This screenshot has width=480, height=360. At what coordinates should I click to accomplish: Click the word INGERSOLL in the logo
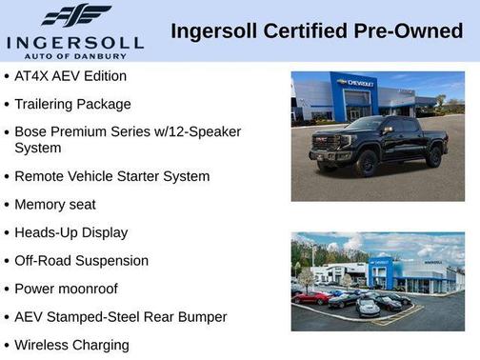coord(74,42)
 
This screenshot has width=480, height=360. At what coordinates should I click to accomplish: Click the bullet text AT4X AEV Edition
coord(70,75)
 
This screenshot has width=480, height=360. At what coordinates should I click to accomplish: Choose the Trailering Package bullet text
coord(72,104)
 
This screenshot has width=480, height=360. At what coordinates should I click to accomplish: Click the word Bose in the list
coord(30,131)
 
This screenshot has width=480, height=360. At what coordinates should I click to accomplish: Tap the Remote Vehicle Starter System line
coord(111,176)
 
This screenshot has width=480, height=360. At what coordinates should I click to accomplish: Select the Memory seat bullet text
coord(55,205)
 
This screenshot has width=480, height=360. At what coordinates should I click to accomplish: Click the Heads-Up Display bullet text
coord(70,232)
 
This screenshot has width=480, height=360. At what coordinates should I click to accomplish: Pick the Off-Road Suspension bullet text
coord(81,260)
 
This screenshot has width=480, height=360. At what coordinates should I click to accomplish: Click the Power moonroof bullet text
coord(67,289)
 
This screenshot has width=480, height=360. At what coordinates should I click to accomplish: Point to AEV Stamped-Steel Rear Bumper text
coord(120,316)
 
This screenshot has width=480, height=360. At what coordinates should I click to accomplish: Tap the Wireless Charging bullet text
coord(71,345)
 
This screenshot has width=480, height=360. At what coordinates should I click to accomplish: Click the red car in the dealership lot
coord(310,297)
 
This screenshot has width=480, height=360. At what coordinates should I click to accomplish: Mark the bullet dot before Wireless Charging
coord(7,345)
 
